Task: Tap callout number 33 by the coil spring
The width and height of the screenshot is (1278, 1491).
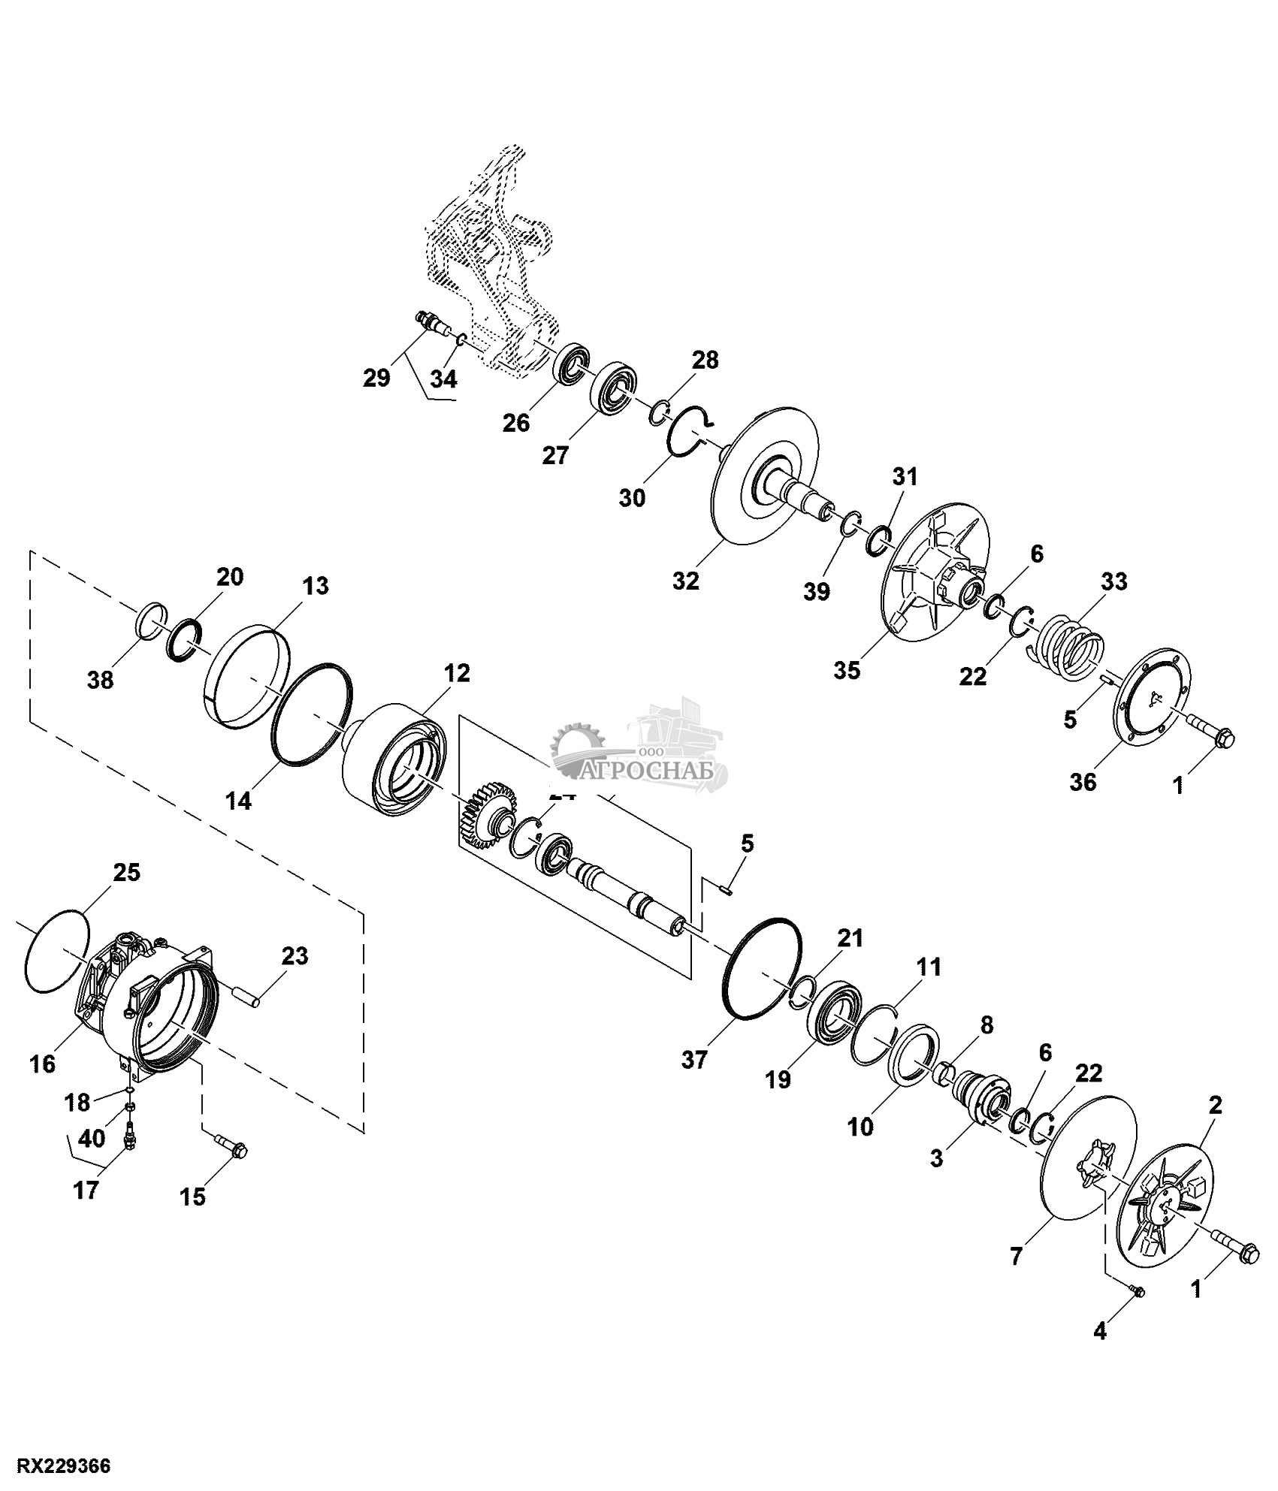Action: tap(1113, 582)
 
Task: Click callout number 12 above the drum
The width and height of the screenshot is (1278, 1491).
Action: tap(456, 673)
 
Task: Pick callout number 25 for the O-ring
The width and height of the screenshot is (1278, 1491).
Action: tap(126, 873)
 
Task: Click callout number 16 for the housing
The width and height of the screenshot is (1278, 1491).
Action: tap(43, 1064)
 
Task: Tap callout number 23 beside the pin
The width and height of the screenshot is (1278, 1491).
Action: tap(295, 956)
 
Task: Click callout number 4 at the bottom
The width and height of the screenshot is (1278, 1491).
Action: tap(1099, 1332)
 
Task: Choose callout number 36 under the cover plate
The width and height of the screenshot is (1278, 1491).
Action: tap(1083, 782)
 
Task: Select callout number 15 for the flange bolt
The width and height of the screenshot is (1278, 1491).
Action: tap(193, 1197)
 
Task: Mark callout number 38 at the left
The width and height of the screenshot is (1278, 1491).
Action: tap(101, 680)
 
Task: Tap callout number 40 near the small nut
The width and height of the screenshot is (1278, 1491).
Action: tap(92, 1139)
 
